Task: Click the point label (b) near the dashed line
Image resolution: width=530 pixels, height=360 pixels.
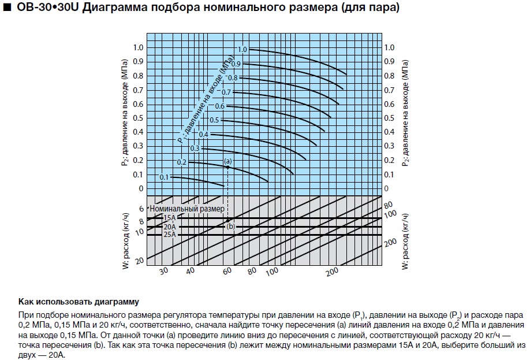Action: (231, 227)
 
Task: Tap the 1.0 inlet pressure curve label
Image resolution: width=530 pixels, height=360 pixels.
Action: (242, 50)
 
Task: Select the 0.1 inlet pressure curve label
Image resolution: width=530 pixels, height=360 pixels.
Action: (164, 177)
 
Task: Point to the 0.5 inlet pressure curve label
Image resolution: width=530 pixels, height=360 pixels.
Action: (214, 120)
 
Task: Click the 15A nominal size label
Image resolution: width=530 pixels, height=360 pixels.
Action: (170, 218)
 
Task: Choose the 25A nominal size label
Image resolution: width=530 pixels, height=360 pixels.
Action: (170, 235)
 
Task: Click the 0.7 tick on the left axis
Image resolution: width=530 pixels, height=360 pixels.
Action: (137, 90)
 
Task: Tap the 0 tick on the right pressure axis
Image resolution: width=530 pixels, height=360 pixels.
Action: (387, 189)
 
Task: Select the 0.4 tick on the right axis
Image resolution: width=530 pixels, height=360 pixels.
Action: (390, 132)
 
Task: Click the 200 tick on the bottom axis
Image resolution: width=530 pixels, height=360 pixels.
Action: (331, 271)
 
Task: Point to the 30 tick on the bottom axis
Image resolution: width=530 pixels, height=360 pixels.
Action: (163, 271)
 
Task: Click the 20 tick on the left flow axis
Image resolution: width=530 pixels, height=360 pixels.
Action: (139, 262)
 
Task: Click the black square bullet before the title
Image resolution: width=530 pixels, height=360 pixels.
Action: (6, 10)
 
